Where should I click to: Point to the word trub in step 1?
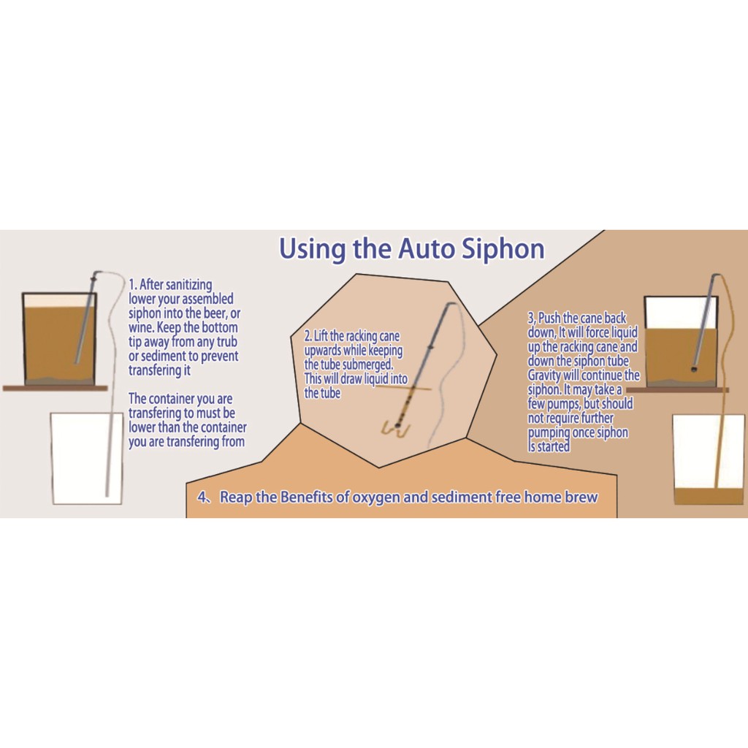[226, 342]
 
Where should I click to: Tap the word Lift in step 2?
[321, 336]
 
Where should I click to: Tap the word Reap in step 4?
[236, 497]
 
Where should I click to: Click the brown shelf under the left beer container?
[56, 389]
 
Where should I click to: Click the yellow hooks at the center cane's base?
[395, 428]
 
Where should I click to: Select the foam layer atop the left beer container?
[59, 300]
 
